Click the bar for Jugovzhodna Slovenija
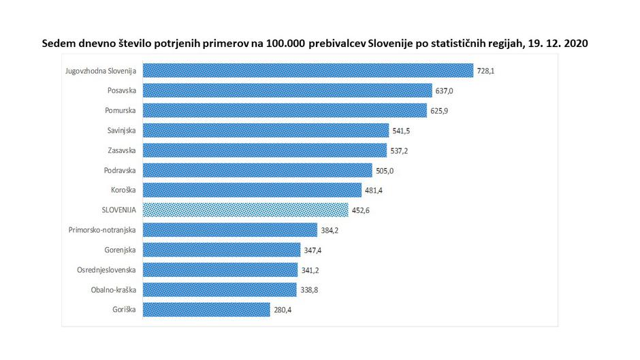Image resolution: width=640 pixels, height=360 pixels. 308,71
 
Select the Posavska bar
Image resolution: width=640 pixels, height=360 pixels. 287,91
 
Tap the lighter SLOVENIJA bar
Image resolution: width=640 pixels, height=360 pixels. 246,210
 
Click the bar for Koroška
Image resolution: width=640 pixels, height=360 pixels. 251,190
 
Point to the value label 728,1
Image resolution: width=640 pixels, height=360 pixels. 487,71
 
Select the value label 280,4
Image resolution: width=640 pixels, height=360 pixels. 284,310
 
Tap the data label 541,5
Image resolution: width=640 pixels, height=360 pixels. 402,131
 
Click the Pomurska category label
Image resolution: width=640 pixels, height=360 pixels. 121,110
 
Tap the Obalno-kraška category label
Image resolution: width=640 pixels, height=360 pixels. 112,290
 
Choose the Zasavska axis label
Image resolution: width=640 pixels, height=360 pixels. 122,150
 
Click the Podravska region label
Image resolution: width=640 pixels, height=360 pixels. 120,170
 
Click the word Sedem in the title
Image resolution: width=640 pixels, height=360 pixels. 57,43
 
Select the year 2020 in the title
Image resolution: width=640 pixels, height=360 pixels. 575,43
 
